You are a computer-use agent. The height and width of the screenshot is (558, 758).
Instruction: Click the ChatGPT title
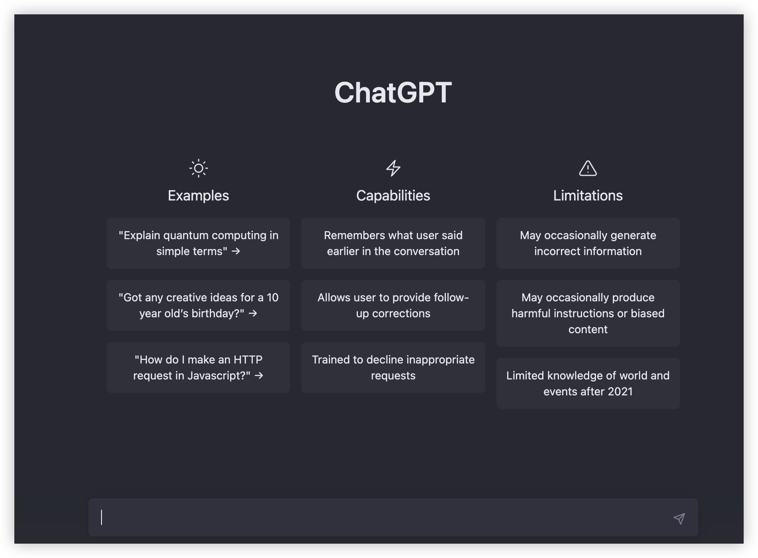coord(393,92)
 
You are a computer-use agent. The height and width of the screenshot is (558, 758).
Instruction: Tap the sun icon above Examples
coord(198,168)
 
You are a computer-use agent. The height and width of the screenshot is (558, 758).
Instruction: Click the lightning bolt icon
coord(393,168)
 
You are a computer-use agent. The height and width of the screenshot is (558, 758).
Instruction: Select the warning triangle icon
coord(588,168)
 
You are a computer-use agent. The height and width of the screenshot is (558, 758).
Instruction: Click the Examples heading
coord(198,196)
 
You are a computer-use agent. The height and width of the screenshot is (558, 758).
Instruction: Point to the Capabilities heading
coord(393,196)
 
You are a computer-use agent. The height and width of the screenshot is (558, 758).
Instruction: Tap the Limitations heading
coord(588,196)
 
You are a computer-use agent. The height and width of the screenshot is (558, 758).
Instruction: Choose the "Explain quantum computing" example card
coord(198,243)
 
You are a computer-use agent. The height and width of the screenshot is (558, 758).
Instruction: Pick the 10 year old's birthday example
coord(198,305)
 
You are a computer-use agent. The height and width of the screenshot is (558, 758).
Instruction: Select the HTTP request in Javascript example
coord(198,367)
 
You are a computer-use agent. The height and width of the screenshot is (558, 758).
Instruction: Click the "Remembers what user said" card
coord(393,243)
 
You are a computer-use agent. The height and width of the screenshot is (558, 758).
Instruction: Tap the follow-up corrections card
coord(393,305)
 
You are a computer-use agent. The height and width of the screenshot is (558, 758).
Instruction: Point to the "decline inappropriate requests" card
coord(393,367)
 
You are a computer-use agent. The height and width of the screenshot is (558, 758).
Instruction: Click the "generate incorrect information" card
coord(588,243)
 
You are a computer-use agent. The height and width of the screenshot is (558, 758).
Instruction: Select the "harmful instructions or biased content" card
coord(588,313)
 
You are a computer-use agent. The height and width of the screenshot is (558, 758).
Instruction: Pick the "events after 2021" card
coord(588,383)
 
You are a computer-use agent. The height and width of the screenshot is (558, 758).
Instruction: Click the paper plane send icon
coord(679,518)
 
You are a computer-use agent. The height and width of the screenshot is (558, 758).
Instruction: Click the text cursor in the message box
coord(102,517)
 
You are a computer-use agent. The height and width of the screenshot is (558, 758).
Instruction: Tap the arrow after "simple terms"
coord(236,251)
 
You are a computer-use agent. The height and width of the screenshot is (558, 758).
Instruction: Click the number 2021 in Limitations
coord(620,391)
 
